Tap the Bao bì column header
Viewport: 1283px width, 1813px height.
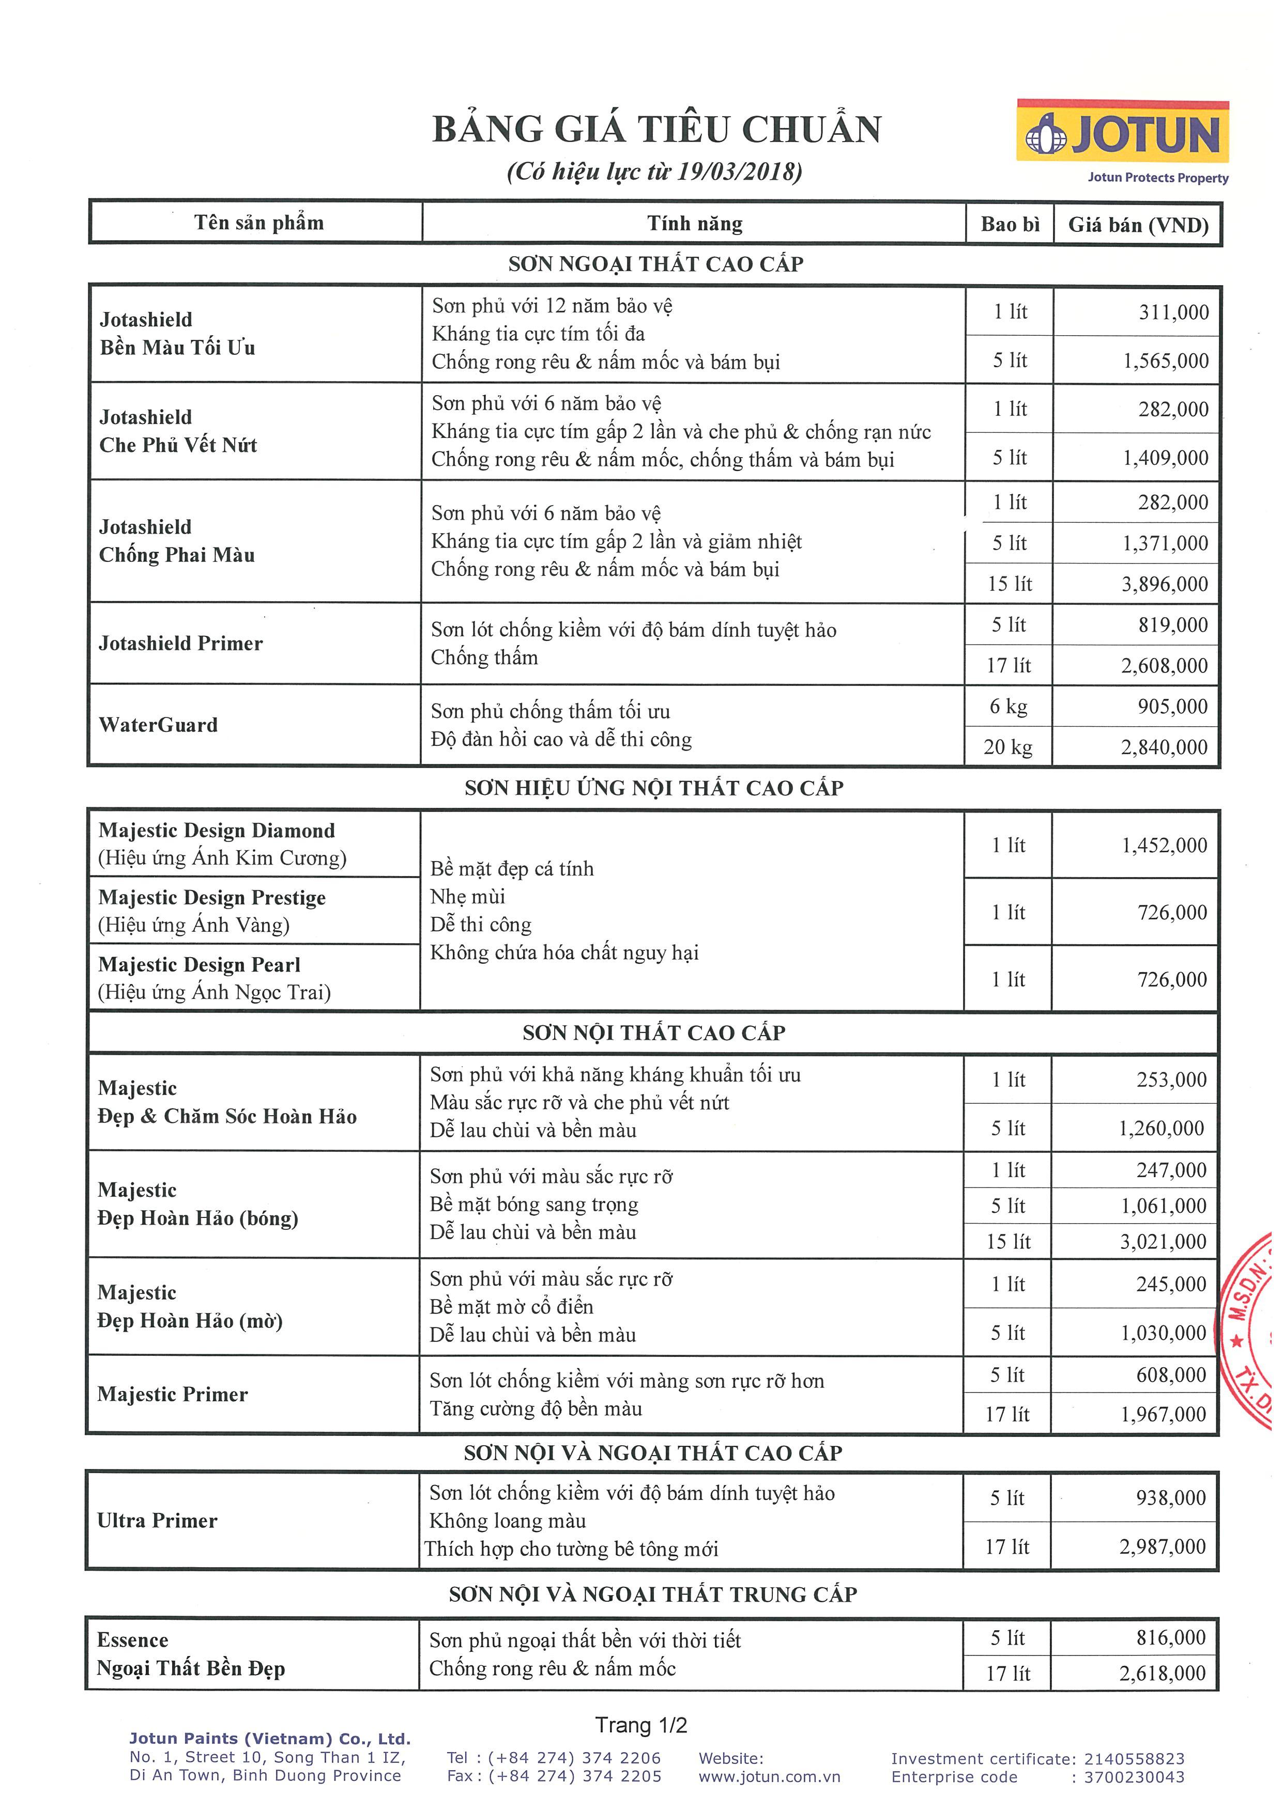pyautogui.click(x=1010, y=224)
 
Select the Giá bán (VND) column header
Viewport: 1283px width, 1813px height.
pyautogui.click(x=1138, y=225)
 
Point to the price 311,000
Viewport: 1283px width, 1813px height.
pyautogui.click(x=1173, y=312)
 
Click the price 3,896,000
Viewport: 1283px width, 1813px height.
pyautogui.click(x=1165, y=584)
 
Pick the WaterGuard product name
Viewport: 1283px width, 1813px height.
pyautogui.click(x=158, y=725)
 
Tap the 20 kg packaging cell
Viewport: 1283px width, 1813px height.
pyautogui.click(x=1008, y=747)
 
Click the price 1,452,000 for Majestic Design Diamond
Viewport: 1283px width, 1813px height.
pyautogui.click(x=1165, y=846)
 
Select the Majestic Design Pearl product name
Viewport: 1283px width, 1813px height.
pyautogui.click(x=199, y=965)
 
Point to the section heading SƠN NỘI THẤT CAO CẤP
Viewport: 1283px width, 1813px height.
pyautogui.click(x=653, y=1033)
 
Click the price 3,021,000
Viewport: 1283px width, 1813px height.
pyautogui.click(x=1163, y=1242)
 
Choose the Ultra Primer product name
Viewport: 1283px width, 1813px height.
pyautogui.click(x=157, y=1521)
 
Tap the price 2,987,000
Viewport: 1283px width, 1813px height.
pyautogui.click(x=1162, y=1547)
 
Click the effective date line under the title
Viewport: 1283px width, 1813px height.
pyautogui.click(x=654, y=172)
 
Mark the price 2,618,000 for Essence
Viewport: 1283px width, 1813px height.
pyautogui.click(x=1162, y=1673)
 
